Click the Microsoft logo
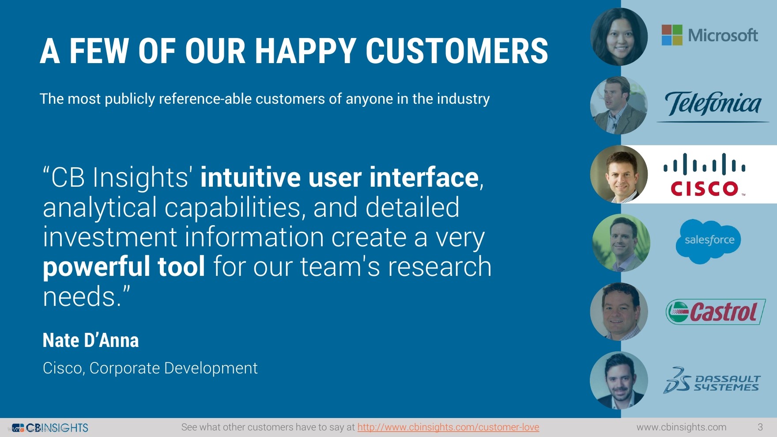pyautogui.click(x=709, y=35)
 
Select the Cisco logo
pyautogui.click(x=705, y=175)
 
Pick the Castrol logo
pyautogui.click(x=715, y=312)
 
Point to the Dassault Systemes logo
pyautogui.click(x=711, y=380)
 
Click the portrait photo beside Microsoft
pyautogui.click(x=619, y=37)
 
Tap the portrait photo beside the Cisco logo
pyautogui.click(x=619, y=174)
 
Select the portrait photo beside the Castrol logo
pyautogui.click(x=619, y=312)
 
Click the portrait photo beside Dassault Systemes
pyautogui.click(x=619, y=380)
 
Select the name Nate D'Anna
pyautogui.click(x=91, y=340)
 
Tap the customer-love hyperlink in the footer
pyautogui.click(x=448, y=427)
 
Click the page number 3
pyautogui.click(x=760, y=427)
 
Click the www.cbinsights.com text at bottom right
pyautogui.click(x=681, y=427)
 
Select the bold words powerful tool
pyautogui.click(x=124, y=267)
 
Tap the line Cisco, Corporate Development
pyautogui.click(x=150, y=368)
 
